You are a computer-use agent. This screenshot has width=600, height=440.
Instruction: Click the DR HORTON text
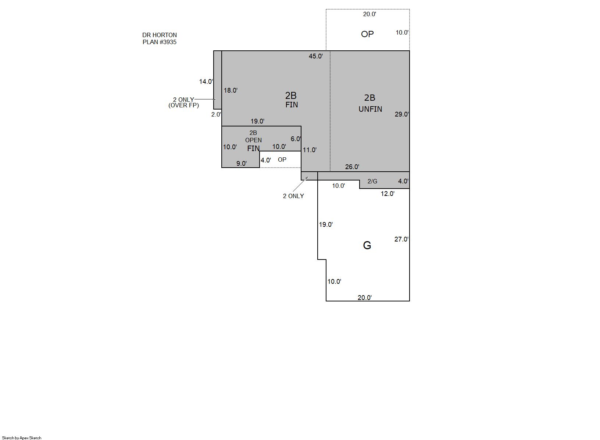click(160, 35)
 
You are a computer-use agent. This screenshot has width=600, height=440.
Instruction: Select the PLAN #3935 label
click(160, 42)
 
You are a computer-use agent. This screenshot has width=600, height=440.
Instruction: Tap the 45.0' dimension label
click(316, 56)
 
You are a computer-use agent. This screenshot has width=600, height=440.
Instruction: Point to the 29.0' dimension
click(401, 114)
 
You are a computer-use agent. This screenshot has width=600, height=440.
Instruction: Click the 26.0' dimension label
click(352, 167)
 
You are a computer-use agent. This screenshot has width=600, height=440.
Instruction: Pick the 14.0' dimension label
click(206, 82)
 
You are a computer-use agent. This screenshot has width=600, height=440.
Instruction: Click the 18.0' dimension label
click(231, 90)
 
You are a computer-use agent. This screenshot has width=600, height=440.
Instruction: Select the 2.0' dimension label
click(216, 115)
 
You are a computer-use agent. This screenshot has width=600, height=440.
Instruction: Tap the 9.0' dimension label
click(241, 164)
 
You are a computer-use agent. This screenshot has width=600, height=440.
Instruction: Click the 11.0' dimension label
click(310, 150)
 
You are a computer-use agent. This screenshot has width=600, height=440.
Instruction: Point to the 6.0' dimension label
click(296, 139)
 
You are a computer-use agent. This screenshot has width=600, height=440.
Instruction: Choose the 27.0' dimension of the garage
click(401, 239)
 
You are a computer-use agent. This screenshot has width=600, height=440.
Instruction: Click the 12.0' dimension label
click(387, 194)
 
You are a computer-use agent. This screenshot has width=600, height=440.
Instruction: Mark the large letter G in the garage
click(367, 245)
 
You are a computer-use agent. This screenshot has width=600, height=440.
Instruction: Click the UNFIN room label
click(370, 109)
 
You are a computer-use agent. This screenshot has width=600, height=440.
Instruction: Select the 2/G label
click(372, 182)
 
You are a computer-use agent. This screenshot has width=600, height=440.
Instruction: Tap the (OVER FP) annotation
click(184, 105)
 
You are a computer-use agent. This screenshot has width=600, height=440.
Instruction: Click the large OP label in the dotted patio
click(367, 34)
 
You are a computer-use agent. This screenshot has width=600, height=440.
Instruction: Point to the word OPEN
click(253, 140)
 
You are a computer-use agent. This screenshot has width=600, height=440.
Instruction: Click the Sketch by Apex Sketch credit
click(22, 438)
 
